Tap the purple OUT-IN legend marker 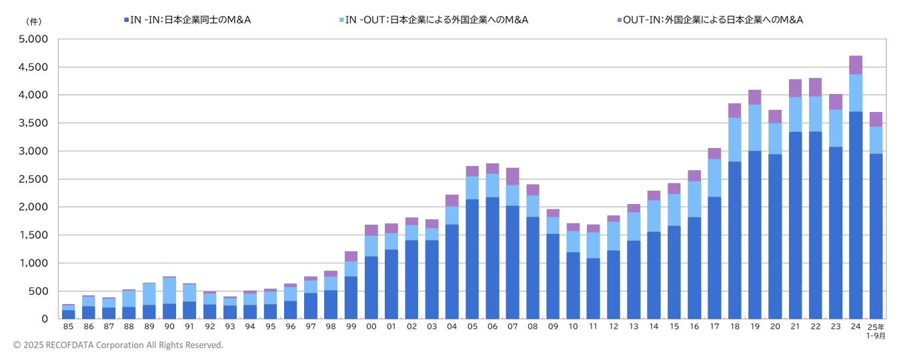[x=620, y=21]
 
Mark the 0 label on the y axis [x=45, y=319]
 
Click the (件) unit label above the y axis [x=33, y=21]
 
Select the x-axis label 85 [x=68, y=327]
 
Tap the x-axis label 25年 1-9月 [x=876, y=331]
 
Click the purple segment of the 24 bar [x=856, y=65]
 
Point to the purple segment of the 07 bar [x=512, y=177]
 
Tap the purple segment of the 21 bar [x=795, y=89]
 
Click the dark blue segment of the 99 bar [x=351, y=297]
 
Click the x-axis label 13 [x=634, y=327]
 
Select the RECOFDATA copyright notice [x=118, y=345]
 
